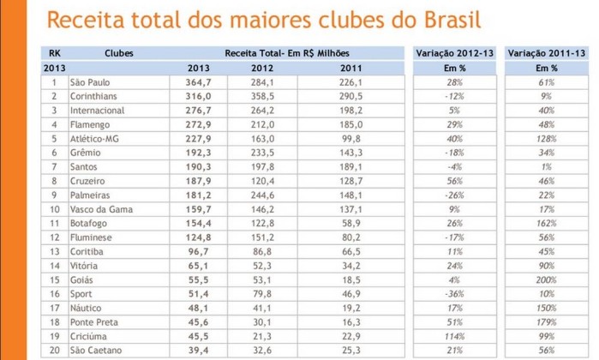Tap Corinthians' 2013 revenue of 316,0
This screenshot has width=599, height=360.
click(199, 97)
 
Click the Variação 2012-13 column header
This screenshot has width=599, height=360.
click(454, 53)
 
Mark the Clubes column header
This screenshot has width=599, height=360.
click(119, 53)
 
